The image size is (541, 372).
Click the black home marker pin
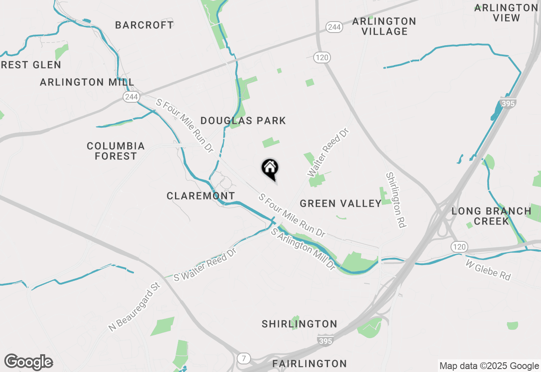[x=270, y=168]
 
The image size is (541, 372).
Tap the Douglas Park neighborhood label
[x=243, y=121]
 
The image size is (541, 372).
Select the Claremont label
[x=201, y=196]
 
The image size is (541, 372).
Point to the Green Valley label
[x=341, y=204]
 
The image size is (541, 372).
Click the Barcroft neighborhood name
[x=144, y=25]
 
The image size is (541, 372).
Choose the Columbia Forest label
[x=116, y=151]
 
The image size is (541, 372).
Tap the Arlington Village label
[x=384, y=26]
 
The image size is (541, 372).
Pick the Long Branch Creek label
[x=491, y=216]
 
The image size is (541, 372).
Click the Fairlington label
[x=310, y=364]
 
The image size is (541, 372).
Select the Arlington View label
[x=506, y=13]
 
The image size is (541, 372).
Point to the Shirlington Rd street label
[x=396, y=200]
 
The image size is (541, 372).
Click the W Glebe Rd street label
[x=488, y=270]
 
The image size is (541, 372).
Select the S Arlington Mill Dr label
[x=303, y=249]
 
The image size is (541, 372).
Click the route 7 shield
[x=243, y=358]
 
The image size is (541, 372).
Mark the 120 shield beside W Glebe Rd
[x=459, y=246]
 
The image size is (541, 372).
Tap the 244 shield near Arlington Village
[x=334, y=27]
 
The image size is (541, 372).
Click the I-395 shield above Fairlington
[x=325, y=339]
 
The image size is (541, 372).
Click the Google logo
[x=28, y=362]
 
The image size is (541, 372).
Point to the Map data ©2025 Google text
[x=489, y=366]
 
